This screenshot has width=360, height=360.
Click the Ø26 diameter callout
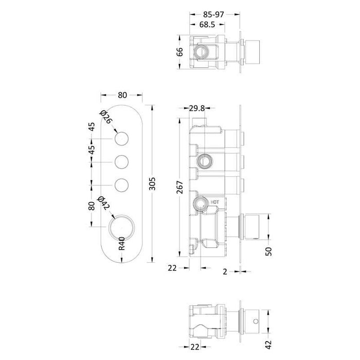106,117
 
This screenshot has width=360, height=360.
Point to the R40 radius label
122,241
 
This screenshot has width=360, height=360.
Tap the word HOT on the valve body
215,202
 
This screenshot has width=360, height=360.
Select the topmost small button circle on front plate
122,139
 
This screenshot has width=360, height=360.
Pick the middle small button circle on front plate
122,162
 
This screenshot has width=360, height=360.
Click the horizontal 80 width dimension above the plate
122,95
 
